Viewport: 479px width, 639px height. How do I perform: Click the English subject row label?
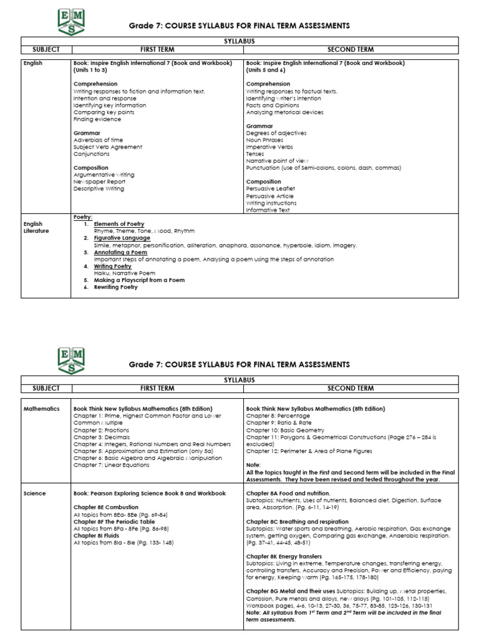click(33, 63)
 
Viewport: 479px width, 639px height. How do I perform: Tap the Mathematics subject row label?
click(41, 409)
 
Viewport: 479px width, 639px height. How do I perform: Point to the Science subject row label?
click(35, 493)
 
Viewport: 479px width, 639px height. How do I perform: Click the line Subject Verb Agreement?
click(107, 147)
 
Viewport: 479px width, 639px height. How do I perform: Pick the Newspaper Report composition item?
click(99, 182)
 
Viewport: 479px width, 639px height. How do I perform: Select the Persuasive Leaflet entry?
click(271, 188)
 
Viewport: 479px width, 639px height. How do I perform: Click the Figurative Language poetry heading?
click(122, 238)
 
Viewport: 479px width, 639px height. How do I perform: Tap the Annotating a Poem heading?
click(120, 252)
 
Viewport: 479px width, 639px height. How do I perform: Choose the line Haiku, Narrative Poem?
click(125, 273)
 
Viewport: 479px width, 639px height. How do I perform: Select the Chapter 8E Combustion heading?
click(106, 507)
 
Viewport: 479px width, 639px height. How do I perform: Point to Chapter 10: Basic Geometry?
click(285, 430)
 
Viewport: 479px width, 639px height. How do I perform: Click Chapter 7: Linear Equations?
click(111, 465)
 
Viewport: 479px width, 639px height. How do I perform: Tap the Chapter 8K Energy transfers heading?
click(284, 556)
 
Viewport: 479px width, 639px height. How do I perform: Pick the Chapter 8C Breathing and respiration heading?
click(298, 521)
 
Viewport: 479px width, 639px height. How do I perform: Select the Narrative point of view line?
click(278, 161)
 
